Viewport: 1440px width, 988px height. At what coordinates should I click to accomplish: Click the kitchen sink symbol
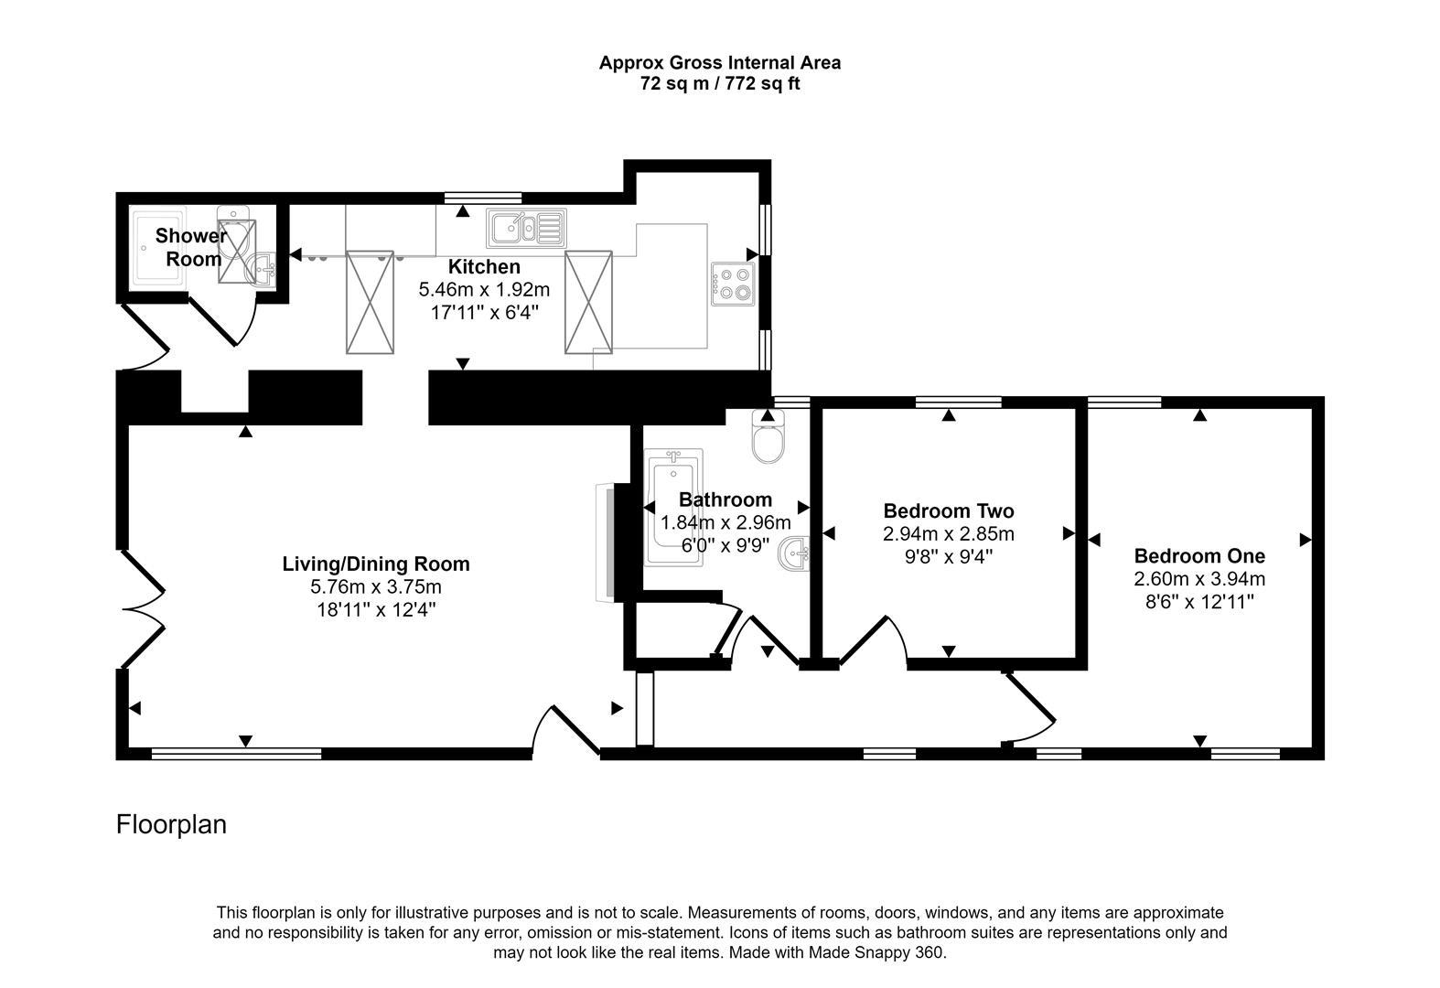527,227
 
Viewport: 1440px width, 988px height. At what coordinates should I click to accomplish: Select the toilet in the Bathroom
767,438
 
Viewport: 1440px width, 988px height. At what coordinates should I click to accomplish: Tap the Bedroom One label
1199,555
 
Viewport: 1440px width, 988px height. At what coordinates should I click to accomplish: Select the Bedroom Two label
948,510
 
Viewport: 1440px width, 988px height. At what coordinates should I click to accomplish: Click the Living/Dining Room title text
375,564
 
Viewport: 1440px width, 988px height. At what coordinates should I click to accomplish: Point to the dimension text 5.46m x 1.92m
484,290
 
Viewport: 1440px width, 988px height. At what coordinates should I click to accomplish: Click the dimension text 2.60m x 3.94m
1199,578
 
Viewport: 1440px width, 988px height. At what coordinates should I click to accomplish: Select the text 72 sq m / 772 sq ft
719,84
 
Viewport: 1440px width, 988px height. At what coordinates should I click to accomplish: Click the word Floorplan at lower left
171,824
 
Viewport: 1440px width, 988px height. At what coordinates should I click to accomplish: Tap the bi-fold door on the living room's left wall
145,608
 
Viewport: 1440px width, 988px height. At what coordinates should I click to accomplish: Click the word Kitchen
484,266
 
